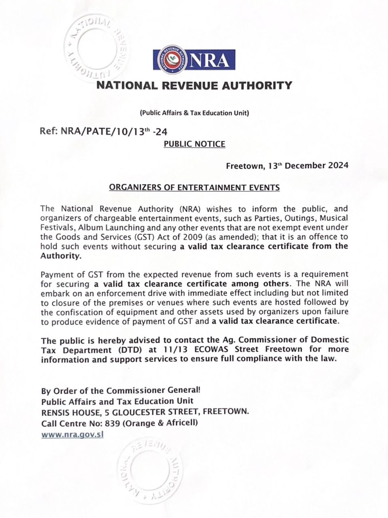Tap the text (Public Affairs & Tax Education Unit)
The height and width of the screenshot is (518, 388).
pos(194,113)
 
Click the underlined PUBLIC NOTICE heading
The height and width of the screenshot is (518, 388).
pos(194,144)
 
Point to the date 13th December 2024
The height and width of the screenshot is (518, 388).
pos(307,166)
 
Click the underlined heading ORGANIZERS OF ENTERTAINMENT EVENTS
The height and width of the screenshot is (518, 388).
pos(194,187)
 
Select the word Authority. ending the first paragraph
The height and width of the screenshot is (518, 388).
pos(61,256)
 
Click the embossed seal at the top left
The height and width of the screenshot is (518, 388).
pos(94,47)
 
